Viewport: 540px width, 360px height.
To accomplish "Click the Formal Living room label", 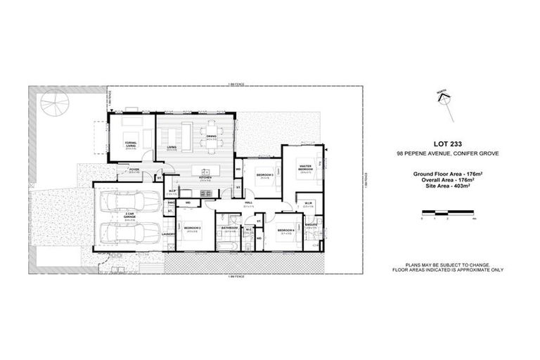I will coord(130,143).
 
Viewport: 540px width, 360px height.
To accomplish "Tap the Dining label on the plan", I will coord(211,138).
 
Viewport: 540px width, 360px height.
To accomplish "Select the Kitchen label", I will coord(205,177).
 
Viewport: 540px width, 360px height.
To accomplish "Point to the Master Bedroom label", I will coord(305,168).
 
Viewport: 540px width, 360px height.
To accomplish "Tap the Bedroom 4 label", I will coord(285,231).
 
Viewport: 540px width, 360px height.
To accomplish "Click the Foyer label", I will coord(134,170).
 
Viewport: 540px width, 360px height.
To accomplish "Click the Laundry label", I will coord(167,234).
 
